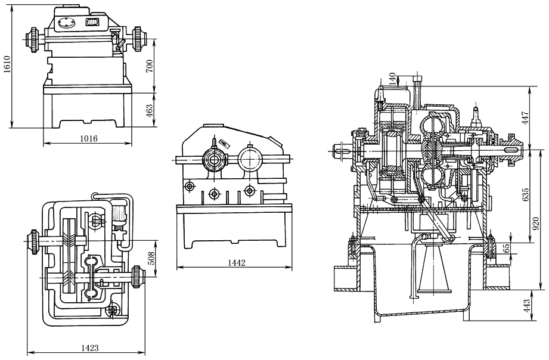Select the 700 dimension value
pyautogui.click(x=150, y=66)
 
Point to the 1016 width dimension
pyautogui.click(x=88, y=138)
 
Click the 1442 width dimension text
pyautogui.click(x=237, y=262)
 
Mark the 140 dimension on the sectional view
pyautogui.click(x=392, y=80)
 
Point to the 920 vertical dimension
pyautogui.click(x=536, y=224)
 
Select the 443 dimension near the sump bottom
pyautogui.click(x=525, y=306)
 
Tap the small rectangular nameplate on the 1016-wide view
pyautogui.click(x=93, y=23)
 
